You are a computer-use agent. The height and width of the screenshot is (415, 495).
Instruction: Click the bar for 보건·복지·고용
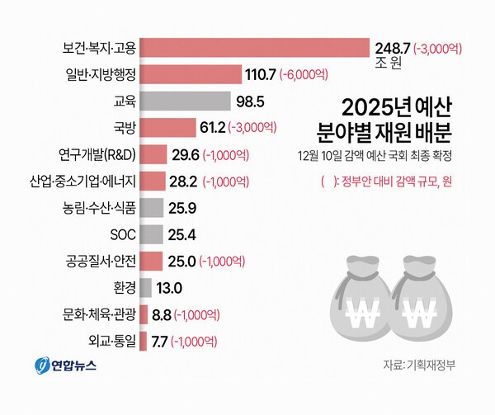[x=256, y=48]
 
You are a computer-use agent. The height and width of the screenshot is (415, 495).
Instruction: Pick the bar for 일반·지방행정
[x=191, y=74]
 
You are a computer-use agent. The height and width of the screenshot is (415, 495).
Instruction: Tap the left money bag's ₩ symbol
[x=357, y=308]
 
